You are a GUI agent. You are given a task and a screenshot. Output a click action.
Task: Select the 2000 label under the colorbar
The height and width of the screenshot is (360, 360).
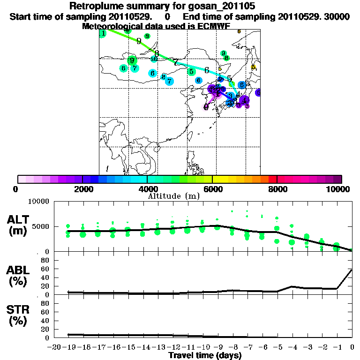(x=82, y=189)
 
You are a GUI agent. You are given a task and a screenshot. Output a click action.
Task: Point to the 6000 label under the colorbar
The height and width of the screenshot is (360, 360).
(x=212, y=189)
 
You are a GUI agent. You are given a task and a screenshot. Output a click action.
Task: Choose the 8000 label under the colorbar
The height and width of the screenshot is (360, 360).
(x=277, y=189)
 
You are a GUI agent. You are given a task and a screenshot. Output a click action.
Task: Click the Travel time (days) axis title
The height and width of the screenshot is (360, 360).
(x=205, y=356)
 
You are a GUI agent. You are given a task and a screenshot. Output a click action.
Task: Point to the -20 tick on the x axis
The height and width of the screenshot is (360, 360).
(x=54, y=347)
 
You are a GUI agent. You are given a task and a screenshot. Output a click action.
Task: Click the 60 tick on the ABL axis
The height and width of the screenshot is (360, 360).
(x=45, y=269)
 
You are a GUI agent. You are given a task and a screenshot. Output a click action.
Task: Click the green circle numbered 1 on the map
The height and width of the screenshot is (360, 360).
(x=103, y=33)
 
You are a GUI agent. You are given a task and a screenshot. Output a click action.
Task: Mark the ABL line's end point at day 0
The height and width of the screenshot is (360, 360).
(x=352, y=270)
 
